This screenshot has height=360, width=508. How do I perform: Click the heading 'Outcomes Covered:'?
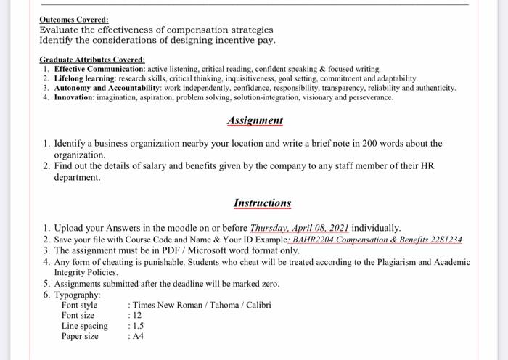74,20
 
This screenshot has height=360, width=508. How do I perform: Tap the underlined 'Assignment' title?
255,120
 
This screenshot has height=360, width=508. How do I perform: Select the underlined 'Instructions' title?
262,203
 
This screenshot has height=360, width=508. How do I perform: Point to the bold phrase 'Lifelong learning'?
86,78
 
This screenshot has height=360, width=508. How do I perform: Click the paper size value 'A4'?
136,337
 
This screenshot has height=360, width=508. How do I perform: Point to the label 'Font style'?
80,305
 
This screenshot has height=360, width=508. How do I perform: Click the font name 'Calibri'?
258,305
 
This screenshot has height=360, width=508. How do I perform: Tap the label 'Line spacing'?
84,326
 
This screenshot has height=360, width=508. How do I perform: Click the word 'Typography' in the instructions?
78,295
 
